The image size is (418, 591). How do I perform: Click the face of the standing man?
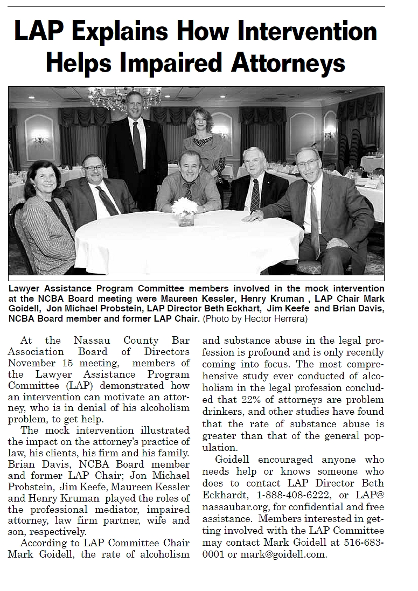coord(134,105)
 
